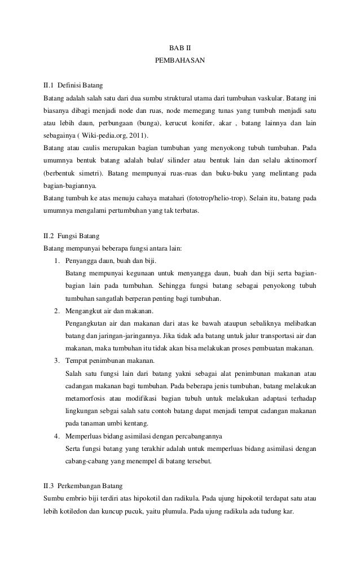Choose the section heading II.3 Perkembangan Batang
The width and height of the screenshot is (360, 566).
[x=82, y=485]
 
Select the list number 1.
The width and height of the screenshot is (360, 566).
[x=57, y=261]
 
